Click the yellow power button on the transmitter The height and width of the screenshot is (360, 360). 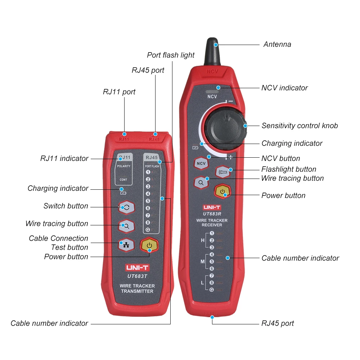coord(149,246)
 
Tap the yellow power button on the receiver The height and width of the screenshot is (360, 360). coord(223,192)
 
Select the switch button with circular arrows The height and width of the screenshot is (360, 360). coord(126,207)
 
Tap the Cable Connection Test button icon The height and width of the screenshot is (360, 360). coord(126,245)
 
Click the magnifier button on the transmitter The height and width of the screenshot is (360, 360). coord(126,226)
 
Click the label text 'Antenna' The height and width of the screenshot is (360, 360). coord(277,45)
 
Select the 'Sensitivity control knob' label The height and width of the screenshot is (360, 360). coord(300,126)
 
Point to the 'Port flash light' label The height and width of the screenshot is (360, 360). coord(171,55)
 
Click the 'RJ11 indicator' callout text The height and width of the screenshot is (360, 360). coord(64,158)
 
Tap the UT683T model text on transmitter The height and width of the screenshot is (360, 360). coord(137,276)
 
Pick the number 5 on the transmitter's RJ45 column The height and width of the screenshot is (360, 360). coord(148,201)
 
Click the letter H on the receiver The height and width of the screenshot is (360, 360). coord(202,240)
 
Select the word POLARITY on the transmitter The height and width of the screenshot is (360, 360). coord(123,166)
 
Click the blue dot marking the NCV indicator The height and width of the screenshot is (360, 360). coord(218,87)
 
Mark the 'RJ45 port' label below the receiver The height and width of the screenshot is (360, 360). coord(277,323)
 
